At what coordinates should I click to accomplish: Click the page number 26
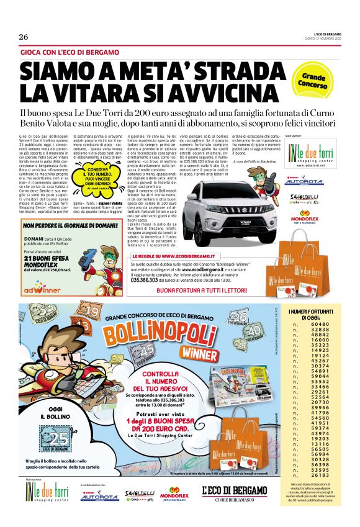24,37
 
